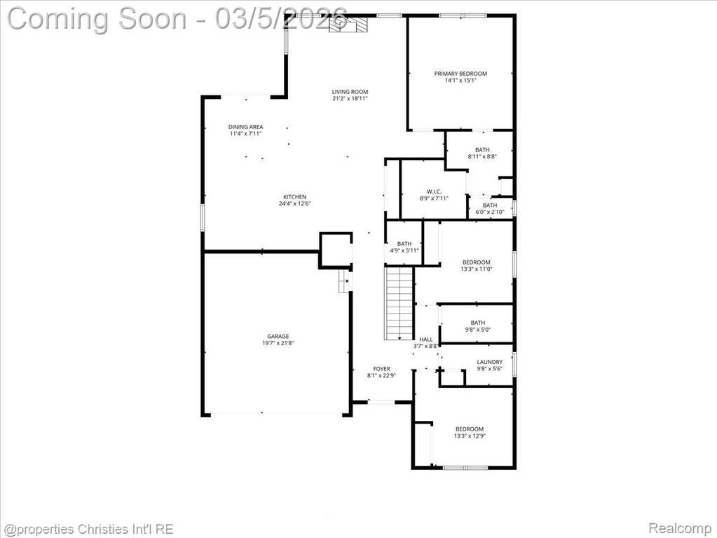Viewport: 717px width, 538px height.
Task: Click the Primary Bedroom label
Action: (460, 74)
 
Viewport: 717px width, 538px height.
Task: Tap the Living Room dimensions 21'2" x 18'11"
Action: (350, 98)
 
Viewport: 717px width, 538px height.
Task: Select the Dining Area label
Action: (245, 127)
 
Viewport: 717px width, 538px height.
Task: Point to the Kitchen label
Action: (294, 197)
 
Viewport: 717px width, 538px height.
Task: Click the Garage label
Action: (278, 336)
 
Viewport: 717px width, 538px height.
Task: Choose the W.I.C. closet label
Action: (434, 191)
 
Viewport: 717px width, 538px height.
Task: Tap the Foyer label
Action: (381, 369)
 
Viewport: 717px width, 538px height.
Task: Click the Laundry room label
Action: (489, 362)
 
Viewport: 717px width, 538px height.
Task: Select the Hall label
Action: (425, 339)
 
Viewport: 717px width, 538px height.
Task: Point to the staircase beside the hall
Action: (400, 303)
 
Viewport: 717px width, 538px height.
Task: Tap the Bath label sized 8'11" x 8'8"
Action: (482, 149)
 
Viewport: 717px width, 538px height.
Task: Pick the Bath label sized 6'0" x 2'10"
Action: (489, 206)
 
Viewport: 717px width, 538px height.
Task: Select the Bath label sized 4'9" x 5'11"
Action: (404, 244)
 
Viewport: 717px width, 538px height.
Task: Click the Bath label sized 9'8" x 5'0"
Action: (478, 323)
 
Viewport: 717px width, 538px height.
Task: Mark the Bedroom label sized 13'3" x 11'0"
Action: (476, 262)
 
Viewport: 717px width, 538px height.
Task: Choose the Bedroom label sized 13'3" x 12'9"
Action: (469, 429)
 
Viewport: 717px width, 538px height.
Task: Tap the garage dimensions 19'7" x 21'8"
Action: (278, 343)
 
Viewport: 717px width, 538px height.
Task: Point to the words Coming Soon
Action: (97, 19)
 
